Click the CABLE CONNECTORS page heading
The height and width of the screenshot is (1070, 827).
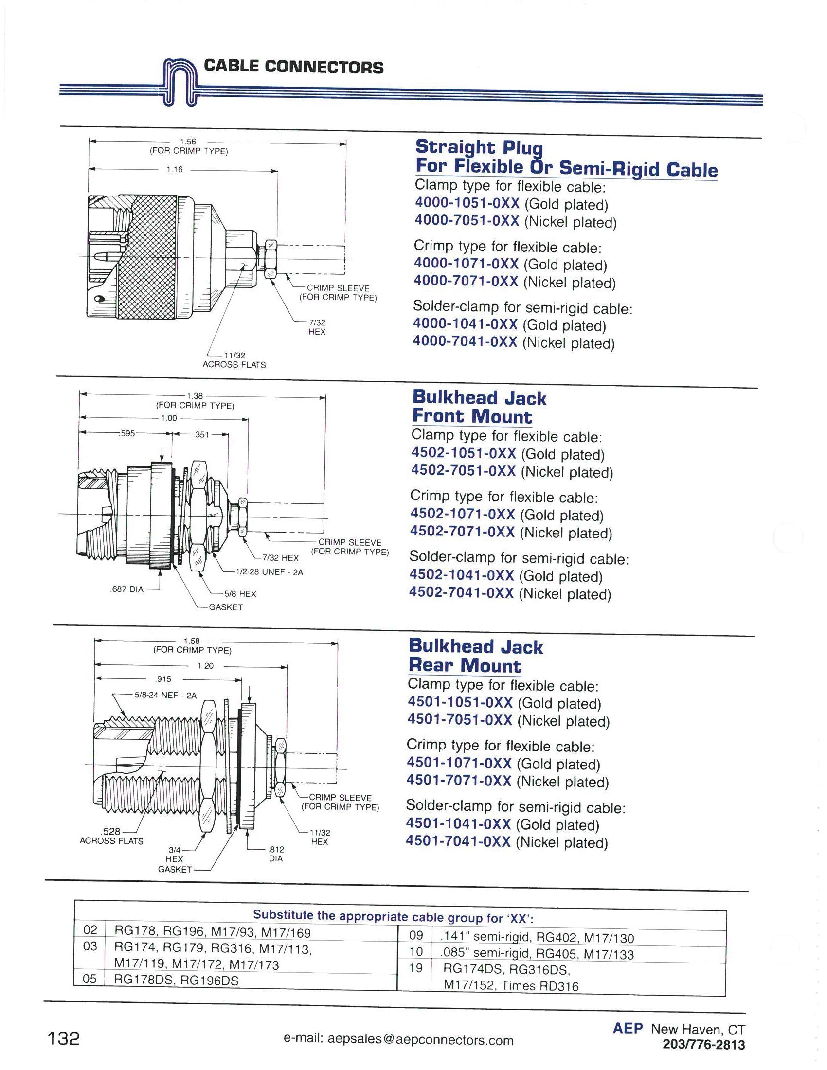point(293,67)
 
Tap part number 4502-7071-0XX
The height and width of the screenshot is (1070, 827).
point(463,532)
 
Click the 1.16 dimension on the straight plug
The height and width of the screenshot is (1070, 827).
point(175,170)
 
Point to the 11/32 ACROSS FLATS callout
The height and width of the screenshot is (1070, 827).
point(234,360)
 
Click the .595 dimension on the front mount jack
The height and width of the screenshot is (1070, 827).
point(127,433)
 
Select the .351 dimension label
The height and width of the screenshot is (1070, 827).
point(201,434)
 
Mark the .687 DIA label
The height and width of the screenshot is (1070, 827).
point(127,589)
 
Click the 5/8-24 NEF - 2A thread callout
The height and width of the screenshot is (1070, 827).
point(165,695)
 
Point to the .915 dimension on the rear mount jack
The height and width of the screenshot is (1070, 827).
point(162,679)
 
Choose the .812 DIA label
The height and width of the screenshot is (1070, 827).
point(276,854)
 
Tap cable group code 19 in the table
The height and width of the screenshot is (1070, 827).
point(415,967)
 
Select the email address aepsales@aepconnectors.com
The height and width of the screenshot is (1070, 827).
point(399,1040)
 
